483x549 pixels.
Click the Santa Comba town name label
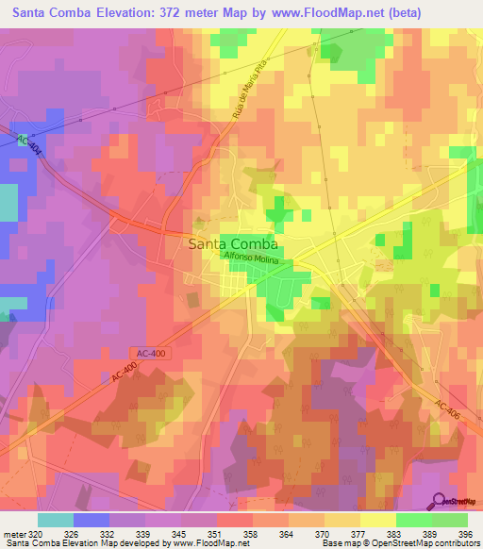tap(232, 242)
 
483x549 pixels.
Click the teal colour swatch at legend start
tap(56, 520)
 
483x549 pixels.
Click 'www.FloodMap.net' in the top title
tap(316, 12)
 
